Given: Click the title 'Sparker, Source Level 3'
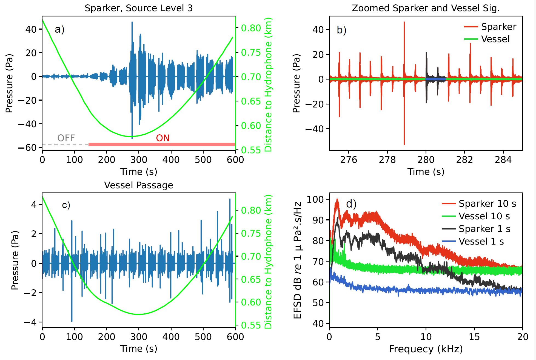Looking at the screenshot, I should click(x=138, y=8).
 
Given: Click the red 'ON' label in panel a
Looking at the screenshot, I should click(x=162, y=138).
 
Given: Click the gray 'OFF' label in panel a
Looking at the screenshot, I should click(x=66, y=138).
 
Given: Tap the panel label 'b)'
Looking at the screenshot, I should click(x=341, y=30).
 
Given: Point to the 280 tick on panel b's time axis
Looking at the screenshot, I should click(x=426, y=160).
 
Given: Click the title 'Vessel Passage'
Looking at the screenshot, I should click(x=138, y=185).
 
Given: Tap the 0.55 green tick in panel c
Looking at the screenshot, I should click(x=251, y=325).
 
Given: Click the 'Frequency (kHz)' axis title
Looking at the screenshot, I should click(x=426, y=349).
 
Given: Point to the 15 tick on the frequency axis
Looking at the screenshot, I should click(x=474, y=337).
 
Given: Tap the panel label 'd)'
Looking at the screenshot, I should click(x=351, y=204).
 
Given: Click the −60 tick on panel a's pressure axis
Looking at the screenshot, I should click(x=27, y=148).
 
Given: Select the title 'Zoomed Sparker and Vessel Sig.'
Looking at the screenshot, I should click(x=426, y=8).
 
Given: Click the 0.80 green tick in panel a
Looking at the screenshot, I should click(x=251, y=28).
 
